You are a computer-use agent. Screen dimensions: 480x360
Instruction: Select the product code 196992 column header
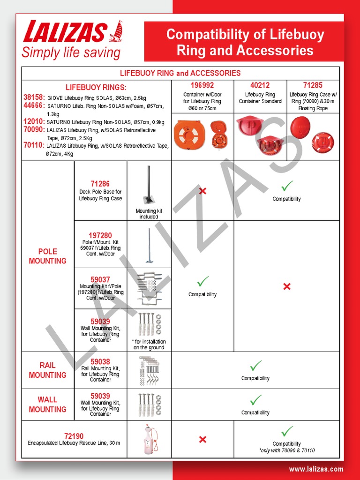point(202,85)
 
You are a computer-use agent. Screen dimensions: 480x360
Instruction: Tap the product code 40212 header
point(260,85)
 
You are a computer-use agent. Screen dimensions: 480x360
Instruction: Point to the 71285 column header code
point(313,85)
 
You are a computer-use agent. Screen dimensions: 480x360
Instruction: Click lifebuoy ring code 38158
point(34,97)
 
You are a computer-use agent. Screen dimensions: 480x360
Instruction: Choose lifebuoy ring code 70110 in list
point(34,146)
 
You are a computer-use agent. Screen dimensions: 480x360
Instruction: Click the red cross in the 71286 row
point(202,191)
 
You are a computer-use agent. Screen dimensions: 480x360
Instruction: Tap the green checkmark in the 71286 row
point(287,185)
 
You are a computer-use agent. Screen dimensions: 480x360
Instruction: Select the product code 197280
point(100,235)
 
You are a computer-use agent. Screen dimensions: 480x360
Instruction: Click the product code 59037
point(100,280)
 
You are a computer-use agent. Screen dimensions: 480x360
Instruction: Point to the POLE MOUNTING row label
point(47,256)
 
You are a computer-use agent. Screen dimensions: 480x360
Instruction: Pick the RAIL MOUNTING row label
point(47,370)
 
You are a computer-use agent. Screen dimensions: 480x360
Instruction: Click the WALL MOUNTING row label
point(47,405)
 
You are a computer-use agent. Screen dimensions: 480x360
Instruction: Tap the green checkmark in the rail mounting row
point(255,366)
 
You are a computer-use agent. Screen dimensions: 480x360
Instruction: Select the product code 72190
point(74,436)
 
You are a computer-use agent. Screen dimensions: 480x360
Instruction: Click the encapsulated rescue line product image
point(149,439)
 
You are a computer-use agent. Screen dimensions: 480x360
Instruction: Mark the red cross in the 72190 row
point(202,439)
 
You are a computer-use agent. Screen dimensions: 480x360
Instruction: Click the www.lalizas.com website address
point(316,469)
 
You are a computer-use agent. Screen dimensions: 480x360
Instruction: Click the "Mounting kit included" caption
point(149,214)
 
